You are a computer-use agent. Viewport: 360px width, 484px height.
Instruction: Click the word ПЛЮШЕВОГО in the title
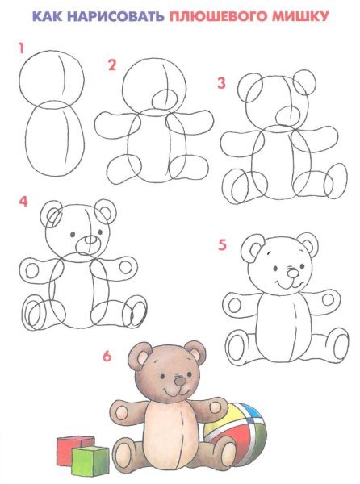tap(219, 16)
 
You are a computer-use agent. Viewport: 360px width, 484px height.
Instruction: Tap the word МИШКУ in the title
tap(300, 16)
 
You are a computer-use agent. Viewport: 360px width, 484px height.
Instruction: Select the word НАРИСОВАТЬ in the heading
tap(115, 16)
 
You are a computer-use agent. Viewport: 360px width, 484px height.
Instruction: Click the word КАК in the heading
tap(48, 16)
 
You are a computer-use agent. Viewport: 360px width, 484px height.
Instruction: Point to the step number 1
tap(21, 48)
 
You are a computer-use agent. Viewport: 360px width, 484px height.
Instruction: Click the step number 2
tap(112, 65)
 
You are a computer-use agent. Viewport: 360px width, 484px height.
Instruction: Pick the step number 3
tap(221, 83)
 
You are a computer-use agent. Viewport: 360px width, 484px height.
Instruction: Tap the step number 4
tap(23, 201)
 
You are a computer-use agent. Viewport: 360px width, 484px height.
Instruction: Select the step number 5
tap(222, 244)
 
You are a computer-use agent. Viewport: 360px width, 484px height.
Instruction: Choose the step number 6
tap(107, 357)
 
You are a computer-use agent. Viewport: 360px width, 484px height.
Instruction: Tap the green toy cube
tap(90, 461)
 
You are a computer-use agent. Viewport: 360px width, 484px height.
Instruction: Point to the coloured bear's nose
tap(179, 382)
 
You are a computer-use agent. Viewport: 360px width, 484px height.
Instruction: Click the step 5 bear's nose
tap(293, 273)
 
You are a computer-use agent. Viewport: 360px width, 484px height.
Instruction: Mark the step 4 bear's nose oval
tap(90, 240)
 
